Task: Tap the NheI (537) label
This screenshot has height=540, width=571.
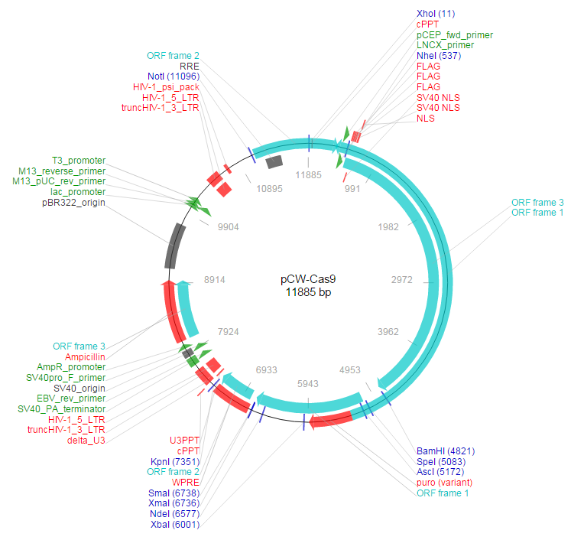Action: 439,56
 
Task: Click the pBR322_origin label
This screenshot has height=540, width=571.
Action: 73,203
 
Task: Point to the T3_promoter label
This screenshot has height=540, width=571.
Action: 79,160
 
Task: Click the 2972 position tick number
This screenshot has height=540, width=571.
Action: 401,280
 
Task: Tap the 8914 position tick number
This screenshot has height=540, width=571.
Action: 214,280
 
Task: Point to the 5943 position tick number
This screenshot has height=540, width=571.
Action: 307,382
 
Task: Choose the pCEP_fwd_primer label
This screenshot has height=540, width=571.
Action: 454,35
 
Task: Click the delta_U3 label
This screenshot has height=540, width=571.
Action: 86,441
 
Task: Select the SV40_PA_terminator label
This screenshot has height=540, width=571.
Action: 61,409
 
